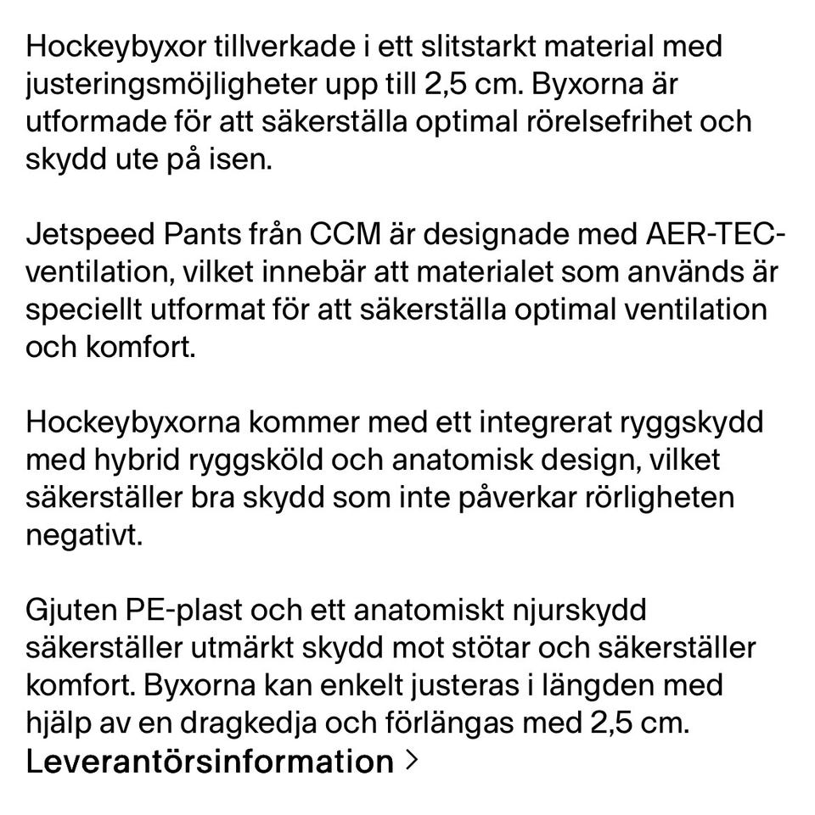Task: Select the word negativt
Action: pyautogui.click(x=81, y=537)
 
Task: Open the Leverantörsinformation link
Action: pyautogui.click(x=210, y=762)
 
